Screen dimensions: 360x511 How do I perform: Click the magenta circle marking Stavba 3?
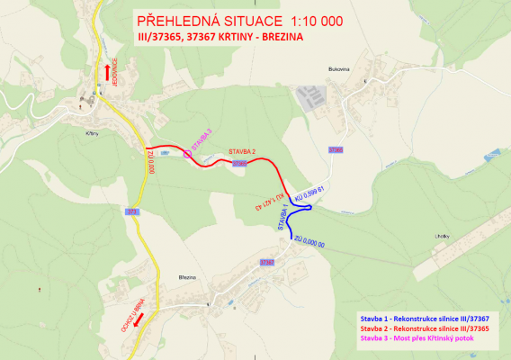pos(187,154)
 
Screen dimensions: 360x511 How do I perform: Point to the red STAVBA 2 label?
pos(242,152)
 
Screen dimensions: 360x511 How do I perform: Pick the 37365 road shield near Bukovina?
pos(336,148)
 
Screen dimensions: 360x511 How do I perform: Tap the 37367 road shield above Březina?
pos(266,261)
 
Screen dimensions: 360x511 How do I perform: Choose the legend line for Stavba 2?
pos(425,329)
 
